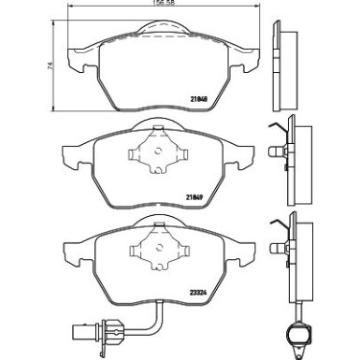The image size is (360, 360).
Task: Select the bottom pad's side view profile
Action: tap(289, 253)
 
